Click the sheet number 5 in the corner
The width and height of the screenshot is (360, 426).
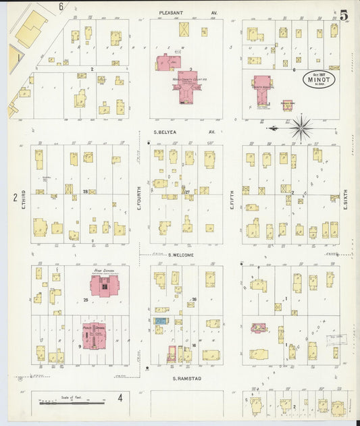click(x=344, y=13)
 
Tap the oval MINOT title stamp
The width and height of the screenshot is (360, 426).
click(x=317, y=80)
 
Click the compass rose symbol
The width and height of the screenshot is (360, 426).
click(x=301, y=127)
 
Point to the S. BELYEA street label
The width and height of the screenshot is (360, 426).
click(x=175, y=132)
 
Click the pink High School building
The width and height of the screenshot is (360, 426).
click(x=104, y=286)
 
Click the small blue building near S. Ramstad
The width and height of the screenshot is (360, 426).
click(x=161, y=321)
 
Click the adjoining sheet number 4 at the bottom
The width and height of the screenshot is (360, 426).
click(x=120, y=397)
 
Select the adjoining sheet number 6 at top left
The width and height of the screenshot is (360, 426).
click(x=60, y=6)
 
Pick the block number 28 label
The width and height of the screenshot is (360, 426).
click(x=86, y=192)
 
